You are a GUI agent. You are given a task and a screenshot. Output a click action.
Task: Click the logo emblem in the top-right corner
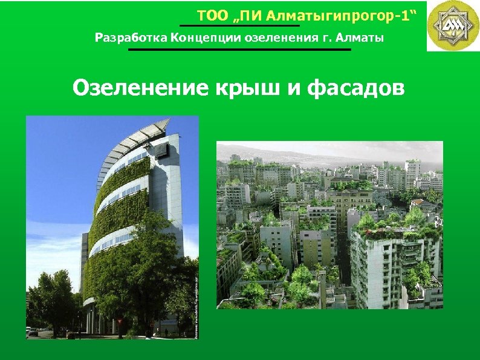click(453, 25)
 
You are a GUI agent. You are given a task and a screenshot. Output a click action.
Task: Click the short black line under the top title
click(239, 26)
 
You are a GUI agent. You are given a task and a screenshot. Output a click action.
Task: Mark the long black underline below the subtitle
click(239, 50)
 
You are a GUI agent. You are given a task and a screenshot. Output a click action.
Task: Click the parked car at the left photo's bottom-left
click(33, 332)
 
